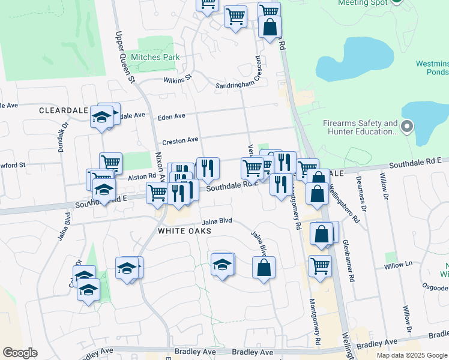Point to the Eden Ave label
click(x=171, y=117)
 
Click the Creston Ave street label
click(x=180, y=140)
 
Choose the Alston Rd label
click(x=142, y=176)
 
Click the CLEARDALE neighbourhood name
click(x=63, y=110)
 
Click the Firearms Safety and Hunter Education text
click(x=360, y=127)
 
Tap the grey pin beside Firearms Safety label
click(x=407, y=127)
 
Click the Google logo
click(x=20, y=353)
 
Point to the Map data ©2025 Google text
click(x=412, y=355)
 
